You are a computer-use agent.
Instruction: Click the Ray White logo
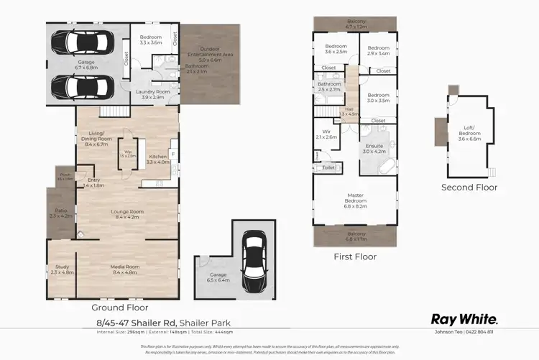tap(464, 318)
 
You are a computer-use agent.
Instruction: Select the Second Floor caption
tap(469, 188)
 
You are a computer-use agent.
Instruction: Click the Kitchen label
tap(157, 160)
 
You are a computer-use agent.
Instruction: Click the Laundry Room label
tap(152, 94)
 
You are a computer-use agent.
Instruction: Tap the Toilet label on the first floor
tap(328, 167)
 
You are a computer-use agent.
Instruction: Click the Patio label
tap(61, 213)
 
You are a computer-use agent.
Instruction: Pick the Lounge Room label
tap(126, 214)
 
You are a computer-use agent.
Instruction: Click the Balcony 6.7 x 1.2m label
tap(355, 23)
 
